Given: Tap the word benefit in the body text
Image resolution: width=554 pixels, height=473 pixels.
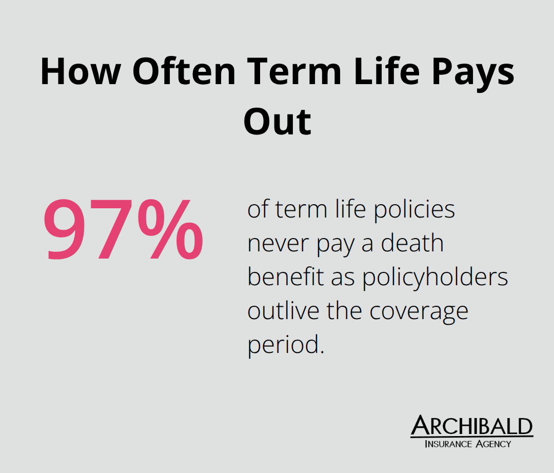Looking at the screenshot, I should [x=286, y=278].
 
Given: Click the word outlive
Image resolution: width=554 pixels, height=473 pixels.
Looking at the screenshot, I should [x=283, y=311].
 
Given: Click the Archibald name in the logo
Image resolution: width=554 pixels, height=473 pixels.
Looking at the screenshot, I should [x=471, y=426].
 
